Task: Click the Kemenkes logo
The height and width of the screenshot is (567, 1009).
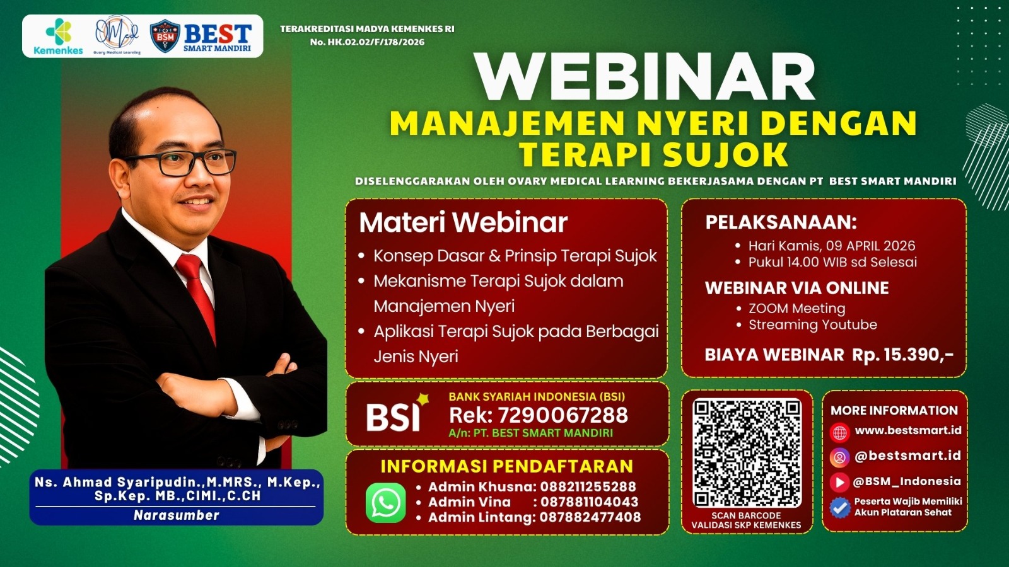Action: (x=58, y=37)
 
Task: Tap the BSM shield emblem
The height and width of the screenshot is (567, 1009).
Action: (x=165, y=37)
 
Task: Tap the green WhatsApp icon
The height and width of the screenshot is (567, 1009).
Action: (x=385, y=503)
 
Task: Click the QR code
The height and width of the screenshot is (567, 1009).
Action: (x=747, y=453)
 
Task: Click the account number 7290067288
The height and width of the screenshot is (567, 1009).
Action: (x=563, y=415)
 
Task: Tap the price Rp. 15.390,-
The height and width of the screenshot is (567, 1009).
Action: (x=902, y=355)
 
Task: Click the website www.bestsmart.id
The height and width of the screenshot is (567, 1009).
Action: (x=908, y=430)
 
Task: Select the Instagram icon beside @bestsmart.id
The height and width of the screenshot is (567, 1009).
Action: (x=839, y=457)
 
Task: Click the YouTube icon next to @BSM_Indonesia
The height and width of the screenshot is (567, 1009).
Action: (x=839, y=482)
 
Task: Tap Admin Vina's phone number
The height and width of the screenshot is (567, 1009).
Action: (x=589, y=502)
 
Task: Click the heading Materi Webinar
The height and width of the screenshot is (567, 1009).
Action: (x=463, y=222)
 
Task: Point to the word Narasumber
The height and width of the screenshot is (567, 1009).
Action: (x=176, y=515)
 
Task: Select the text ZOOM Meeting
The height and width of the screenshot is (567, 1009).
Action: (x=796, y=308)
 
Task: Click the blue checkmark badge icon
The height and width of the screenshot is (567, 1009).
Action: (x=839, y=507)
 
